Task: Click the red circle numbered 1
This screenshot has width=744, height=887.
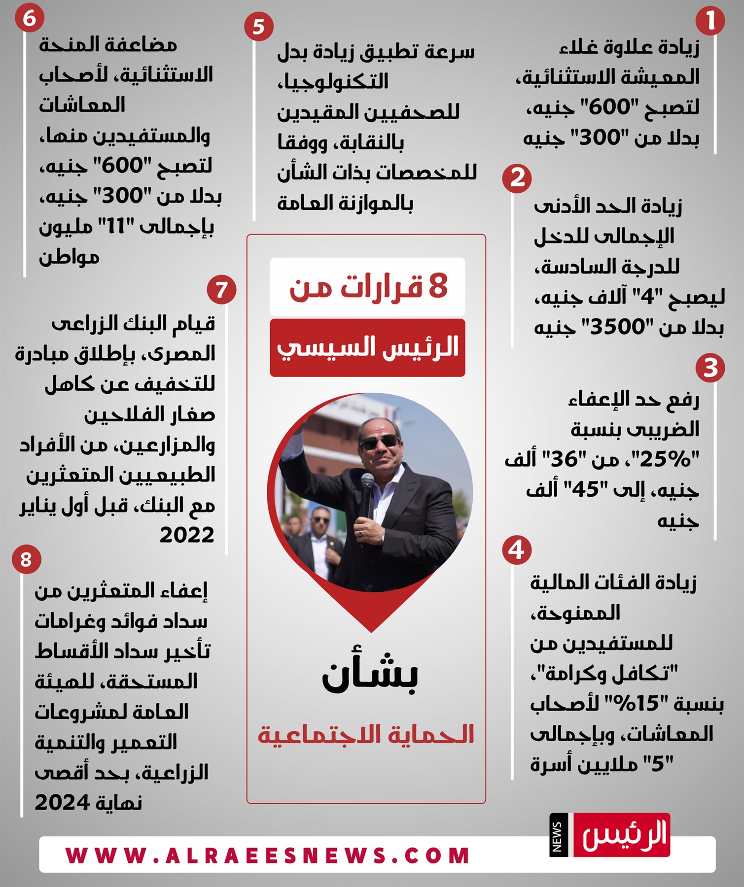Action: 710,21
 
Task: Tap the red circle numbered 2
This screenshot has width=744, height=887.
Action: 517,178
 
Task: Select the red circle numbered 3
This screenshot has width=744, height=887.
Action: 710,368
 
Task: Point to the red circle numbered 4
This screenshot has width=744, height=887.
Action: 517,550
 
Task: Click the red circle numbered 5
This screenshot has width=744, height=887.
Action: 258,27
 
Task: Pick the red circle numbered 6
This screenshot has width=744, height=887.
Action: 29,19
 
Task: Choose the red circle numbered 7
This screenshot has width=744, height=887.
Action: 221,289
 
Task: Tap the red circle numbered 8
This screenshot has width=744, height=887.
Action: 26,560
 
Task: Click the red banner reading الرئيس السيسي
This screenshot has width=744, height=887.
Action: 367,347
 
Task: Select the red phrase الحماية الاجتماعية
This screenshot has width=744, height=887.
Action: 366,735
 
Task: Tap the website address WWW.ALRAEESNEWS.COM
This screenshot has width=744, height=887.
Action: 268,856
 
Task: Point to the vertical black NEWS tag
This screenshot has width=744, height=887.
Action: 557,836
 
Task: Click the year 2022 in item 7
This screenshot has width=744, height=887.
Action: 187,535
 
